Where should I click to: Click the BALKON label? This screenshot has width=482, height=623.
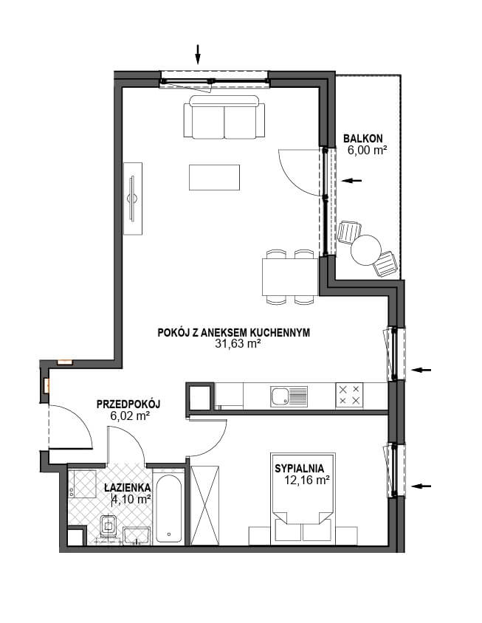click(362, 139)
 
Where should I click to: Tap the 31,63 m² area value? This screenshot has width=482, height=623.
click(238, 344)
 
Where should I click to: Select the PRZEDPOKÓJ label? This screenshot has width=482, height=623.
click(128, 405)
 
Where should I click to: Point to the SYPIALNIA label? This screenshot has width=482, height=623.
click(299, 469)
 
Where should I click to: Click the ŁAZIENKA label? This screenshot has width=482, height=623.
click(128, 487)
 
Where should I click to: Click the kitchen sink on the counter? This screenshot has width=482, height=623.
click(289, 396)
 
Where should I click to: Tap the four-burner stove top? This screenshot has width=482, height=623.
click(349, 395)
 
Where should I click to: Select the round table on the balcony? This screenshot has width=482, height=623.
click(366, 250)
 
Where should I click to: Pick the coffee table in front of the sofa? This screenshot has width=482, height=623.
click(214, 178)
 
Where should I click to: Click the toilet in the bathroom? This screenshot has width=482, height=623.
click(108, 526)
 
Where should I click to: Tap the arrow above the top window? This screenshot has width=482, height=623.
click(198, 54)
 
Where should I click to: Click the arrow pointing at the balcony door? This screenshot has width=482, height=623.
click(351, 181)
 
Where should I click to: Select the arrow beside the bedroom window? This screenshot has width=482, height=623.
click(421, 486)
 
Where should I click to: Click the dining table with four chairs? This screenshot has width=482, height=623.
click(291, 277)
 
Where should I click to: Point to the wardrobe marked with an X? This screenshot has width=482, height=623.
click(204, 505)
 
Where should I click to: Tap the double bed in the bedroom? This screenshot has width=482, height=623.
click(303, 499)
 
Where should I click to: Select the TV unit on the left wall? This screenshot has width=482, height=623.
click(133, 199)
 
